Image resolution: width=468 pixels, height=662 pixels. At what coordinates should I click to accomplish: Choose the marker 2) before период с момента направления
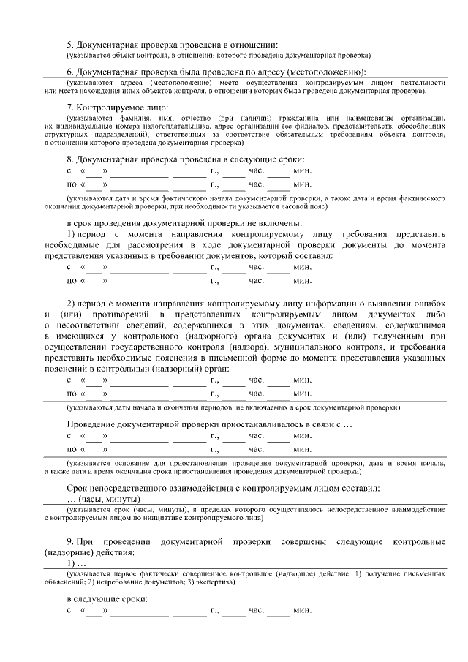coord(72,303)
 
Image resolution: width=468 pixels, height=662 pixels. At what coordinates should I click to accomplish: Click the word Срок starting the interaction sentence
coord(79,488)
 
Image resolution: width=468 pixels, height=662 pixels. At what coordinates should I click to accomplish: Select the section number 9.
coord(71,541)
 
